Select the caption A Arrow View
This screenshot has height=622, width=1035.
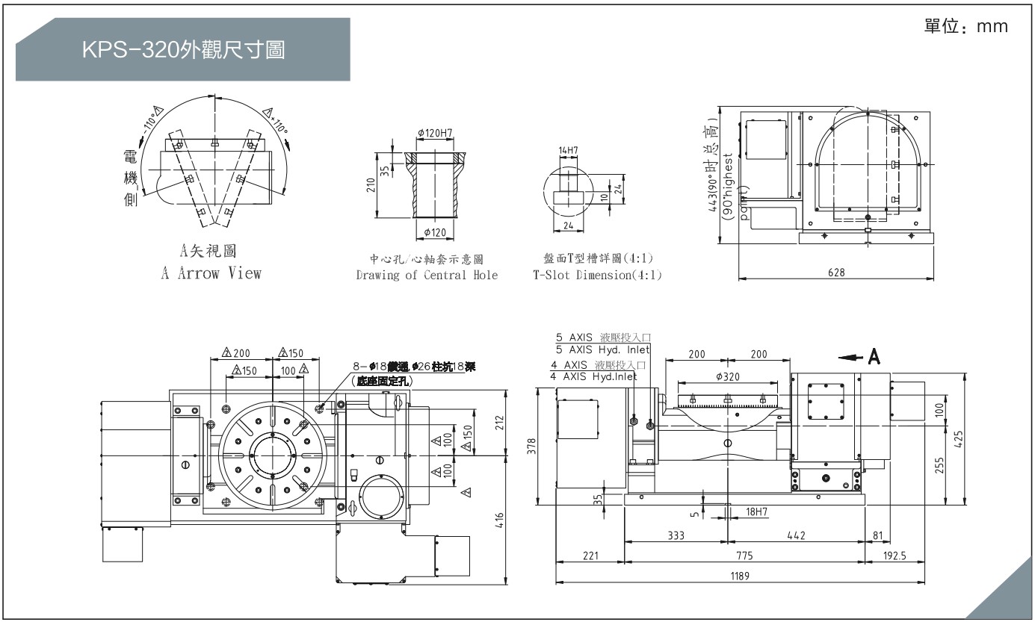pyautogui.click(x=211, y=273)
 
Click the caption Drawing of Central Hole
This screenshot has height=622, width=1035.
pyautogui.click(x=427, y=275)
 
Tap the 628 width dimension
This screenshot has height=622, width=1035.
pyautogui.click(x=836, y=273)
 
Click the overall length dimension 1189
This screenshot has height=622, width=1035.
pyautogui.click(x=740, y=576)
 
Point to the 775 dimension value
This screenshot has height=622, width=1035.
pyautogui.click(x=744, y=556)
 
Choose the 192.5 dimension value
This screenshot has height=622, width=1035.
pyautogui.click(x=897, y=556)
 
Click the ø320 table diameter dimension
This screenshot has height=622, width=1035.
pyautogui.click(x=728, y=376)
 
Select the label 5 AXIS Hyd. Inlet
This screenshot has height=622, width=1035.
pyautogui.click(x=602, y=349)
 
